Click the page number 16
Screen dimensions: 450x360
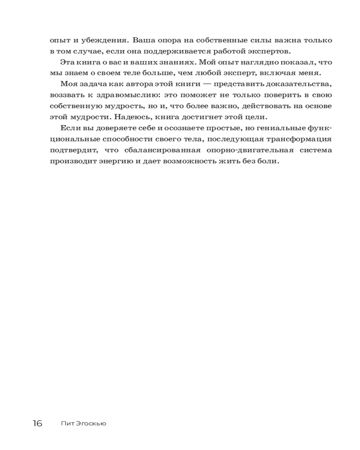pyautogui.click(x=37, y=423)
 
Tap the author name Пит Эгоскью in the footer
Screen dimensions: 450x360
pyautogui.click(x=83, y=423)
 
